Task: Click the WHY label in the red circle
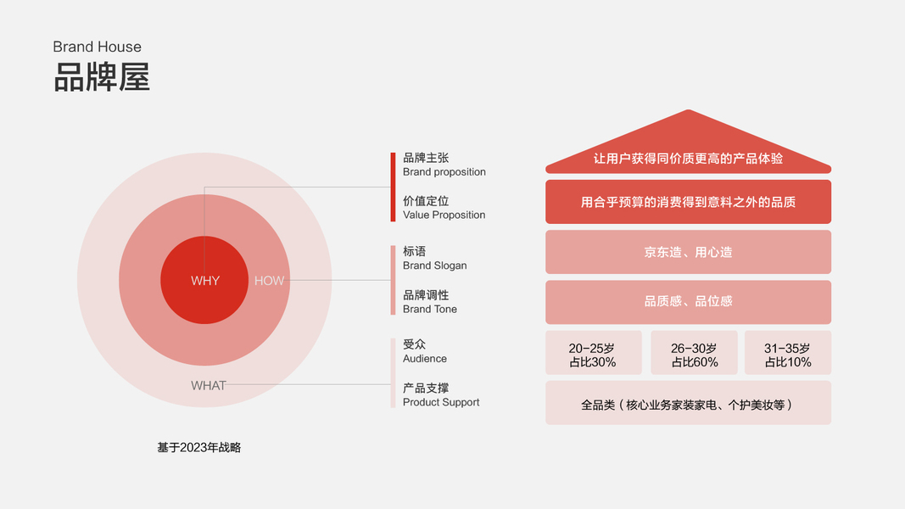click(x=205, y=281)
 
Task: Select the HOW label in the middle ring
click(x=270, y=281)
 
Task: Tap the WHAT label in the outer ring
click(x=209, y=385)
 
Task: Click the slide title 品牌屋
click(x=102, y=76)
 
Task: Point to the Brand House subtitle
click(x=97, y=47)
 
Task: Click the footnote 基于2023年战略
click(x=199, y=447)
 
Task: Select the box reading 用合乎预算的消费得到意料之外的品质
click(x=688, y=202)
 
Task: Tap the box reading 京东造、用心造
click(x=688, y=252)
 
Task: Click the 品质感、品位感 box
click(x=688, y=301)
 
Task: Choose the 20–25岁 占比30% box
click(x=593, y=355)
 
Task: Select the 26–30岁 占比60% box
click(x=694, y=355)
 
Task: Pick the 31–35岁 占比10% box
click(x=787, y=355)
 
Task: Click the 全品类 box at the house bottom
click(x=688, y=404)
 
